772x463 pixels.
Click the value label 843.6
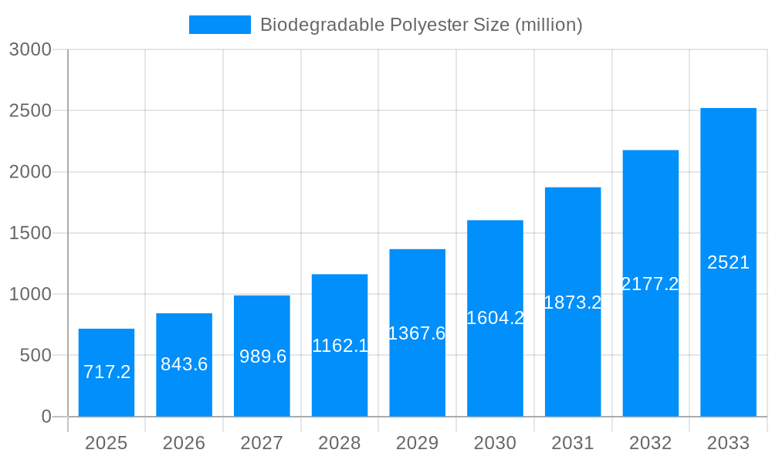click(185, 364)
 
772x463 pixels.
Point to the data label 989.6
click(262, 357)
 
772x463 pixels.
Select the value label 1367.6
click(417, 333)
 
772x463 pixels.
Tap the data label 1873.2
click(573, 302)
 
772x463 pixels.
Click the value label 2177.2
click(650, 284)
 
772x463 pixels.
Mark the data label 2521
click(728, 262)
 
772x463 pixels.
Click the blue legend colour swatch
click(220, 25)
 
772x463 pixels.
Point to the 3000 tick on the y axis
click(30, 49)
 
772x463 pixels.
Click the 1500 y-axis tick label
click(30, 233)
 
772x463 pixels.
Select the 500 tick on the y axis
click(36, 356)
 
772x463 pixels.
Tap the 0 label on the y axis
click(46, 417)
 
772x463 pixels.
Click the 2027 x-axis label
click(262, 443)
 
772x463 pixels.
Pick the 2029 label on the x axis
click(417, 443)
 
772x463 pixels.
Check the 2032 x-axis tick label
click(650, 443)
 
